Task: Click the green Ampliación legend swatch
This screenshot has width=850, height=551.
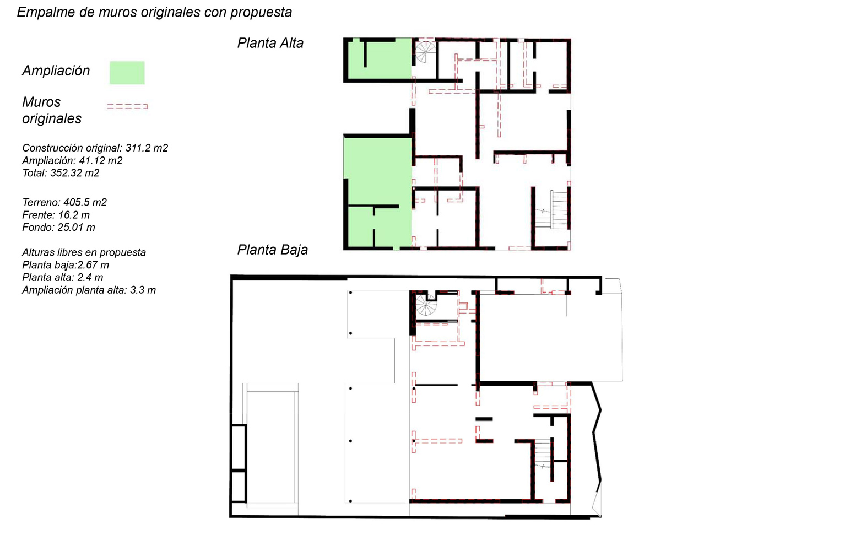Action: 127,73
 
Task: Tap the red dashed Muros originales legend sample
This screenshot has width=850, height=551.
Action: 127,106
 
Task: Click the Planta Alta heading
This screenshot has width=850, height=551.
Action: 270,43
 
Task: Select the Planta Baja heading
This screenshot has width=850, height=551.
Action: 272,250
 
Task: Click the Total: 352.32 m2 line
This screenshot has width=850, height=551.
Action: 61,173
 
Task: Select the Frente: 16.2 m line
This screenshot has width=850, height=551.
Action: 56,215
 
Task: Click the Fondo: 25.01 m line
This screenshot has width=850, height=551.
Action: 58,227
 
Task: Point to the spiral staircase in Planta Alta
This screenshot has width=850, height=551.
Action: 425,53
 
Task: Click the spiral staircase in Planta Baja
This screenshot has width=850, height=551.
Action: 425,305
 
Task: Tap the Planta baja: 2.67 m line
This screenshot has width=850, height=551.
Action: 66,265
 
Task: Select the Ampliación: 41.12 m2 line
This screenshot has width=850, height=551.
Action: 72,160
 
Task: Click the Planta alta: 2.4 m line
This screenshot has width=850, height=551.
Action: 62,277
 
